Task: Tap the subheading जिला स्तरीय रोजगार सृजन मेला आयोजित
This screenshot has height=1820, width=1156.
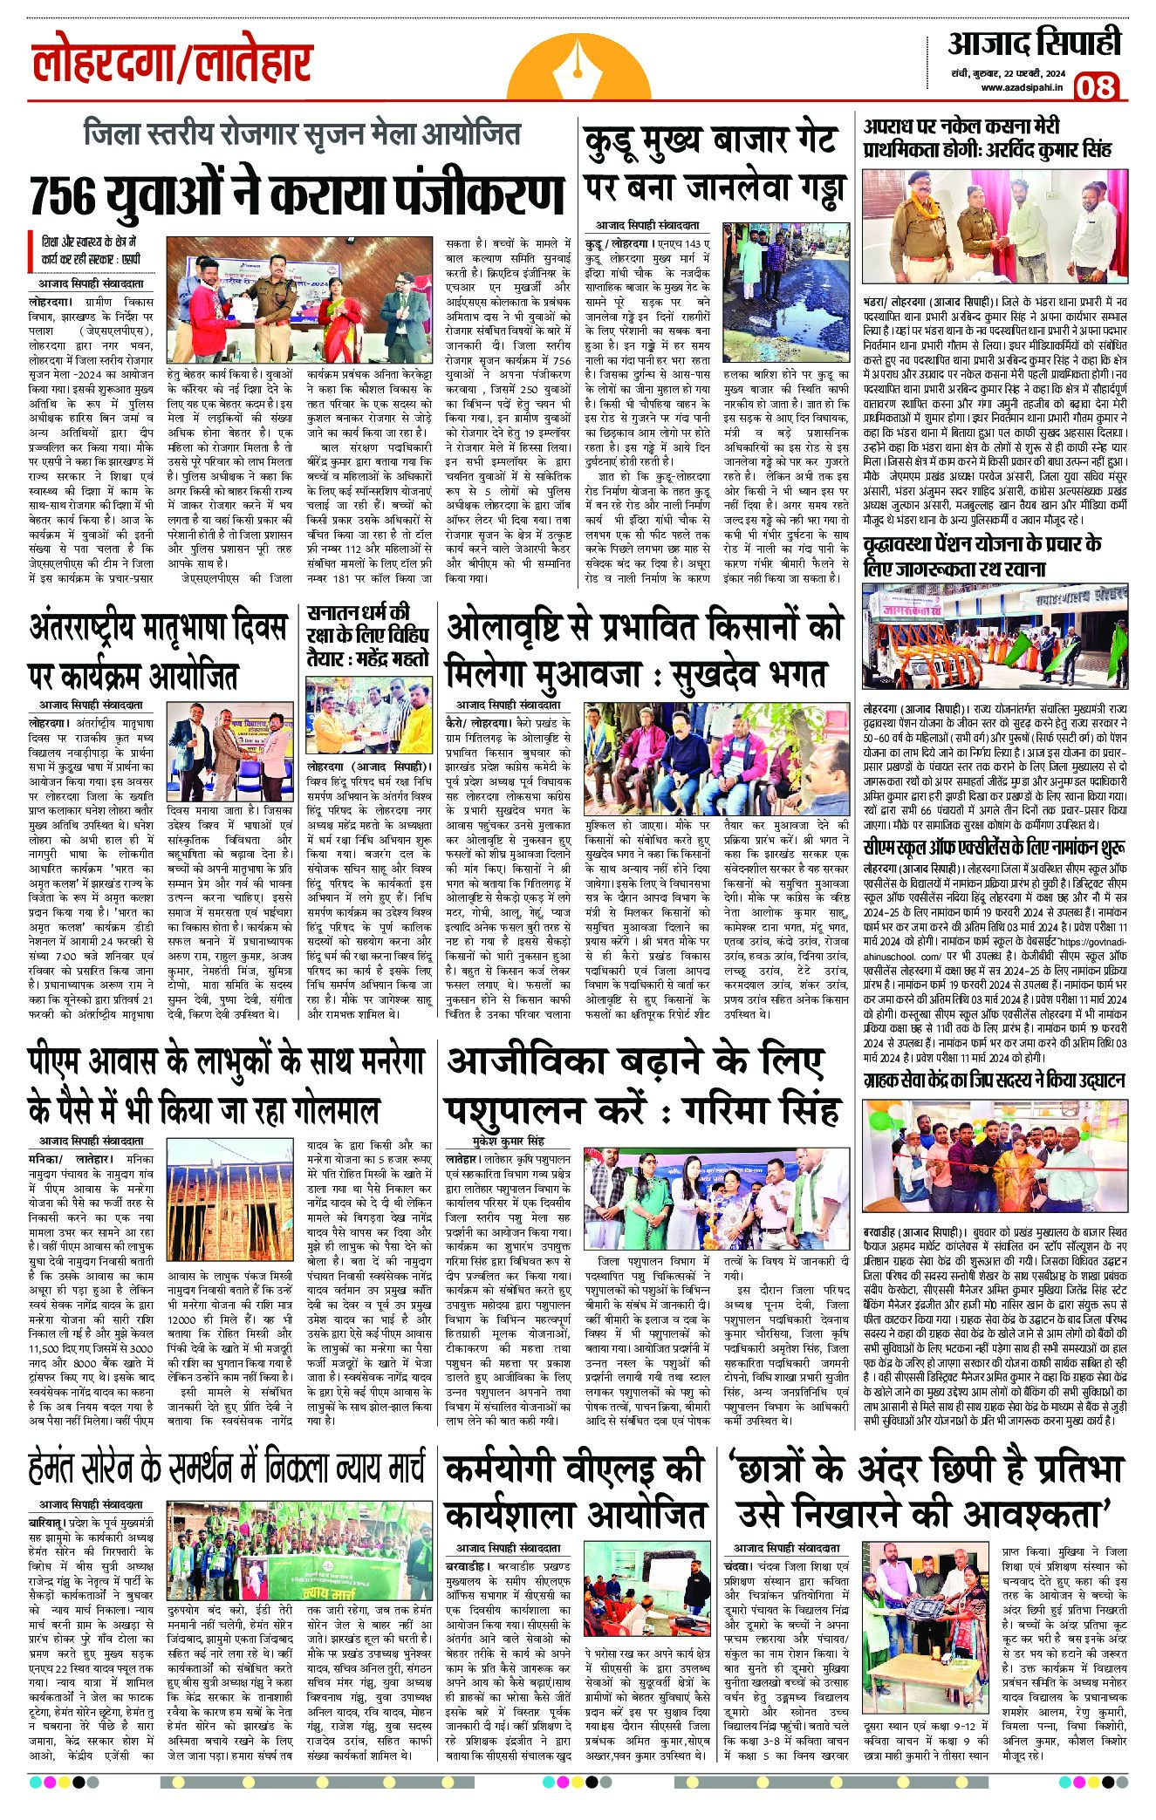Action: tap(302, 133)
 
